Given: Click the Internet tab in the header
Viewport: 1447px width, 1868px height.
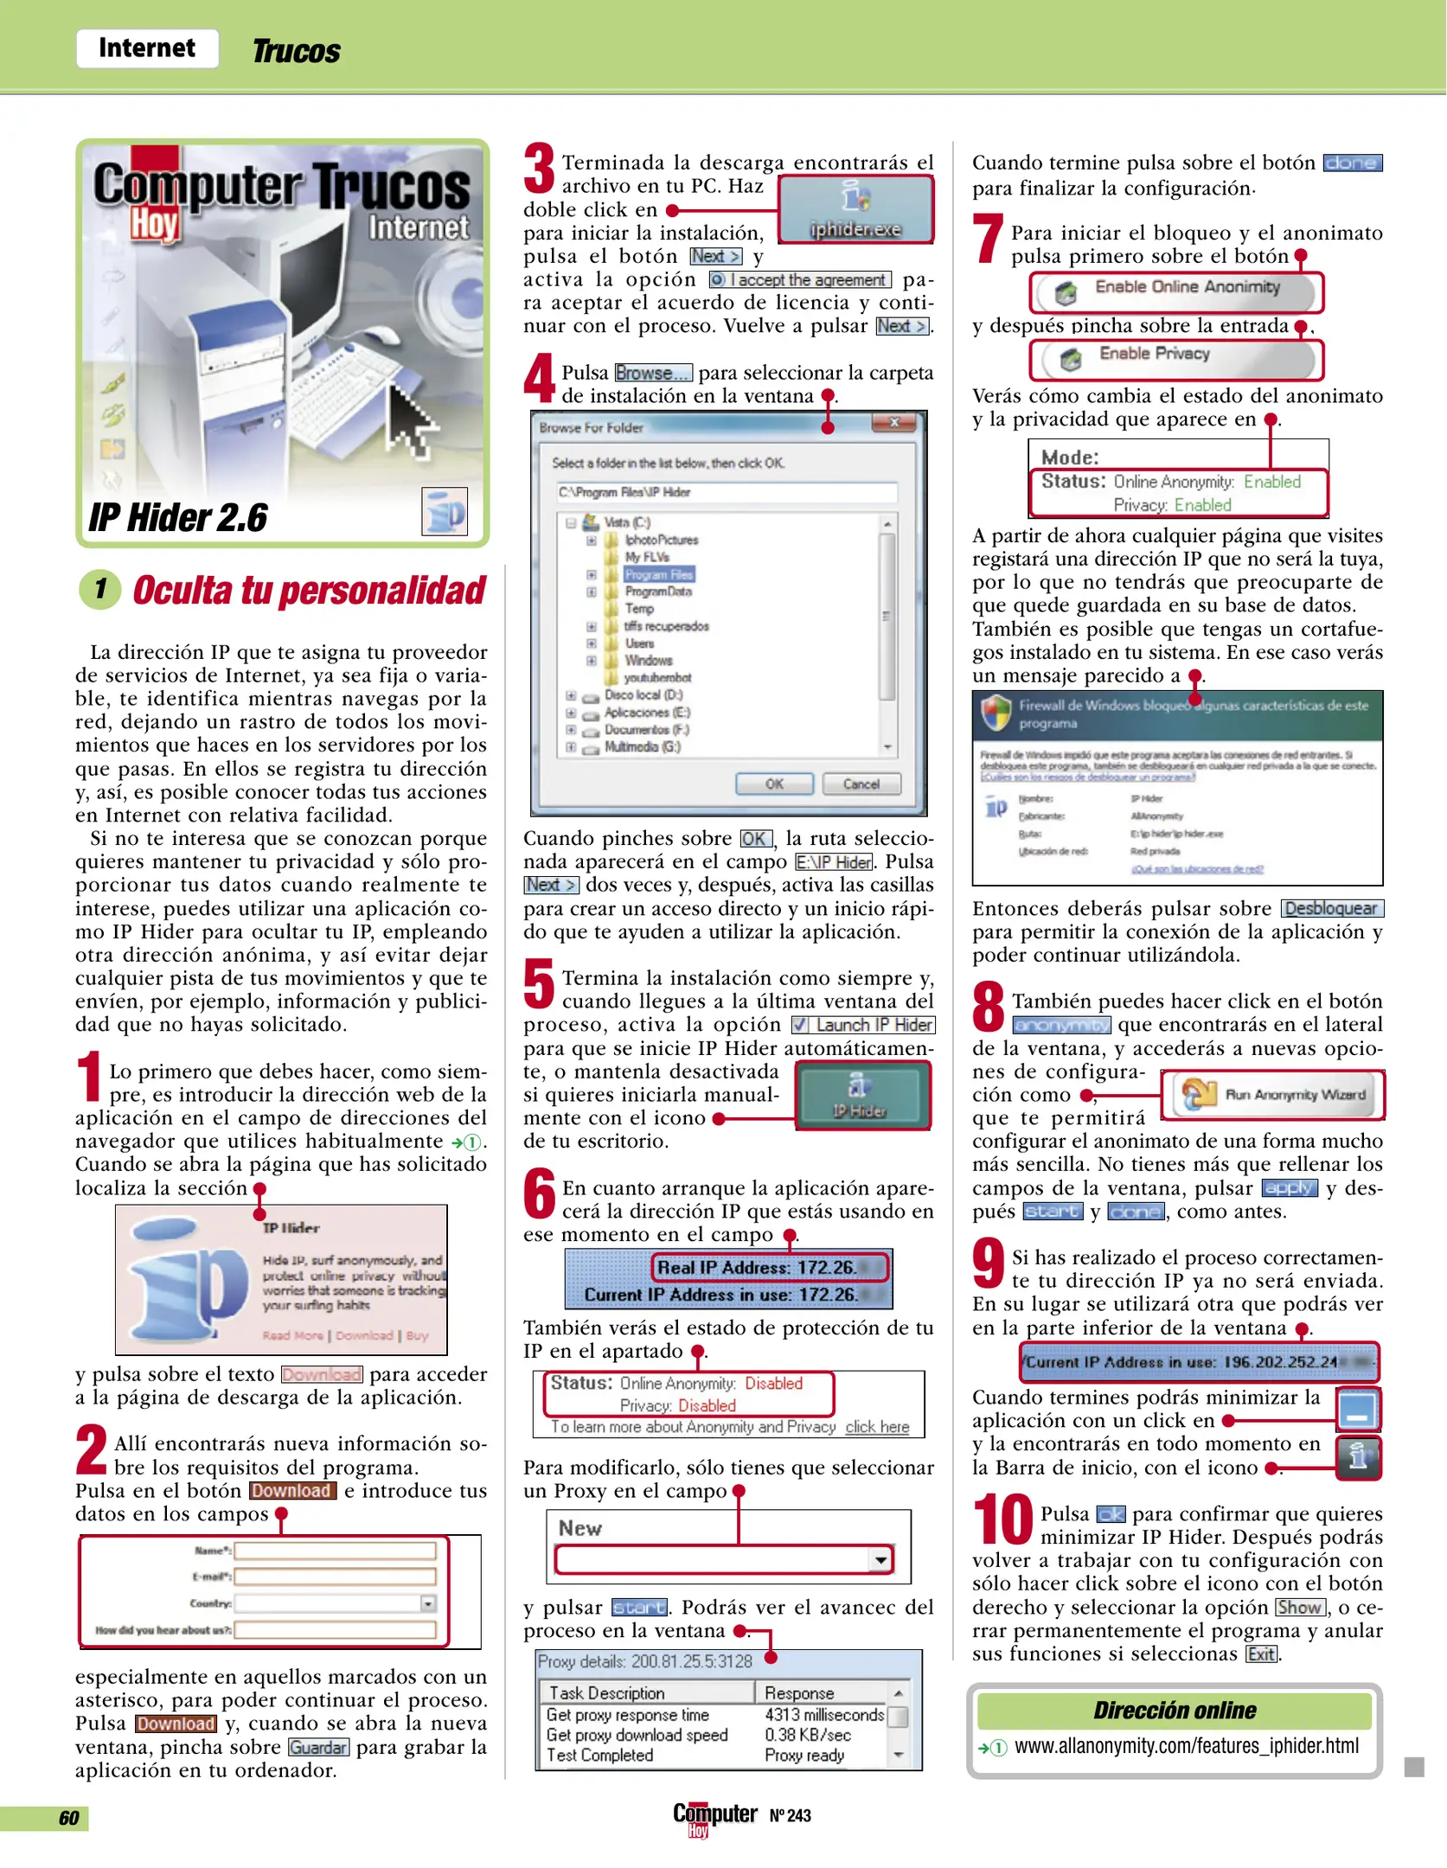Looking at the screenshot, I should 146,48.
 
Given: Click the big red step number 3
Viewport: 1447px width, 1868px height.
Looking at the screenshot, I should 539,170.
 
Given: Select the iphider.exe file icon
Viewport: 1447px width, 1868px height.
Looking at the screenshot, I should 855,208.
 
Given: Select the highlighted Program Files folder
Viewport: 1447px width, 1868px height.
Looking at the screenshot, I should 658,574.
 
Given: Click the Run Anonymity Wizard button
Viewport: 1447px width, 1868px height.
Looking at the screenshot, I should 1272,1094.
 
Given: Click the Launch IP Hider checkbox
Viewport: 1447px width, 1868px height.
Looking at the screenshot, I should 800,1025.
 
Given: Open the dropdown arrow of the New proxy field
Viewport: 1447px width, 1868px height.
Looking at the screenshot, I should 880,1559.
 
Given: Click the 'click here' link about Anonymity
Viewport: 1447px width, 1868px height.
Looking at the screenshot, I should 877,1427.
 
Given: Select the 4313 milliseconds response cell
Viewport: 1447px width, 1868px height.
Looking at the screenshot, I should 823,1714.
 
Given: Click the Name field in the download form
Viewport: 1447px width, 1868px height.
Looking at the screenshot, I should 335,1551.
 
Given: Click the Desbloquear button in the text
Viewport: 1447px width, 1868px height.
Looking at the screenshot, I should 1330,908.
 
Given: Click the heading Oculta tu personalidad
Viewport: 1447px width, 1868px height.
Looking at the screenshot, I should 309,591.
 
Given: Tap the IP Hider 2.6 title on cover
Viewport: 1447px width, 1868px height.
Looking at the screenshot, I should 178,517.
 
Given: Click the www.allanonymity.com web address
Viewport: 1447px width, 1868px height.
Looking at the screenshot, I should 1186,1746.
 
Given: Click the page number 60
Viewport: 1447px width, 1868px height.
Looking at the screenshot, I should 68,1818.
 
